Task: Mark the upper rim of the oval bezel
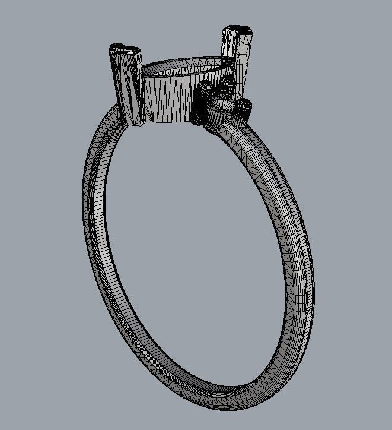click(x=184, y=61)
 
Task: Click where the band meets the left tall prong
click(x=122, y=116)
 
